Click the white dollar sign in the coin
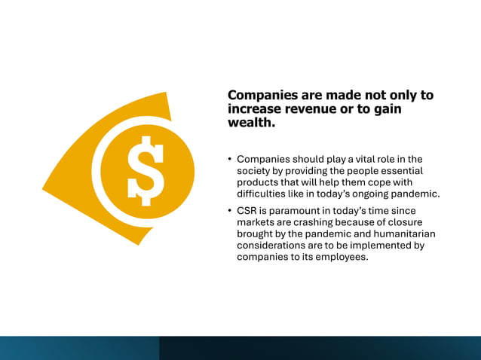click(x=146, y=170)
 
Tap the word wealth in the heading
click(x=250, y=122)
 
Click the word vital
click(x=360, y=159)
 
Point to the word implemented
click(x=381, y=246)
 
